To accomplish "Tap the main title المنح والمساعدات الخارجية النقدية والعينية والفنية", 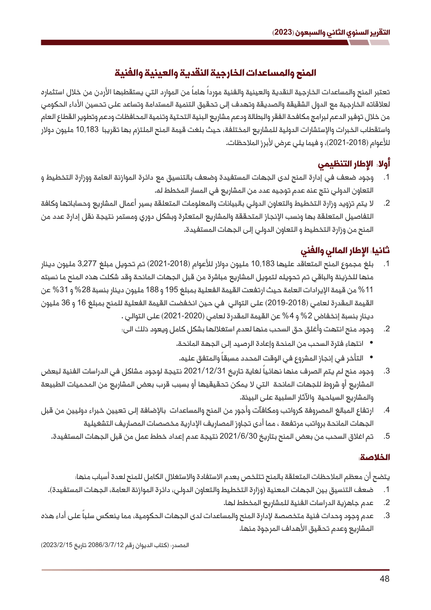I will pos(215,73).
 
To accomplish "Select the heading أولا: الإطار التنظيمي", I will pos(354,164).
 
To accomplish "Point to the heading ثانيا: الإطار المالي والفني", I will pos(345,251).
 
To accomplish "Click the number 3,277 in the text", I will pos(87,264).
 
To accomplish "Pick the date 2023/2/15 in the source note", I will pos(57,545).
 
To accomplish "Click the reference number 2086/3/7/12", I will pos(106,545).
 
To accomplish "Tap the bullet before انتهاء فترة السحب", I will pos(371,343).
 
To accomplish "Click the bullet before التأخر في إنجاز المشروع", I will pos(371,358).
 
